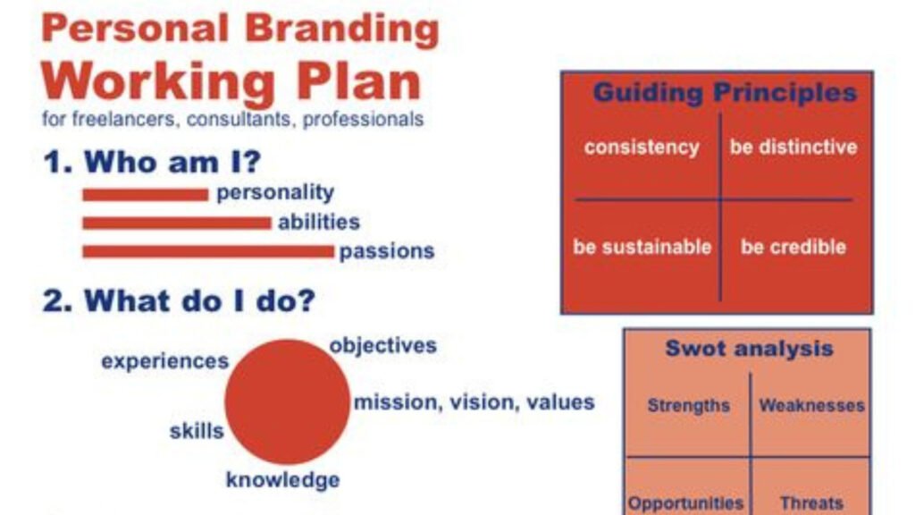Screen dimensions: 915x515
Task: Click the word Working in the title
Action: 158,81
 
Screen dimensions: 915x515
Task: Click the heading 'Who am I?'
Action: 152,162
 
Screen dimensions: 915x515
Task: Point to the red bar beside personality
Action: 146,195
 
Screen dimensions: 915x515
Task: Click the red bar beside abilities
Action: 177,223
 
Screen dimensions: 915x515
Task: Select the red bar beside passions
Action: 208,251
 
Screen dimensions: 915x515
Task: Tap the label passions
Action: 387,251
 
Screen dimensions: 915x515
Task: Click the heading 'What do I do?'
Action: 179,301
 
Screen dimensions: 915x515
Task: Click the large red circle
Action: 287,401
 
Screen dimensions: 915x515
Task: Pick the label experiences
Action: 165,361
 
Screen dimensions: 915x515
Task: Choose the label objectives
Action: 382,345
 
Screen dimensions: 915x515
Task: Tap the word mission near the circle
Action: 395,402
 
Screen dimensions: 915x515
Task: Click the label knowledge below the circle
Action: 283,480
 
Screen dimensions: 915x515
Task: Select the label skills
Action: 197,431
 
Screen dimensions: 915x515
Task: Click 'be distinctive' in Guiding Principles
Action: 793,147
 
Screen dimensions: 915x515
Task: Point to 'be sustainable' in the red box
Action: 642,247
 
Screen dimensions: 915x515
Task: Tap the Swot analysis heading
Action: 750,349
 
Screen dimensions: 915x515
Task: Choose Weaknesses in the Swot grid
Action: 811,405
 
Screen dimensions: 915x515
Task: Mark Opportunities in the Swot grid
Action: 685,502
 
